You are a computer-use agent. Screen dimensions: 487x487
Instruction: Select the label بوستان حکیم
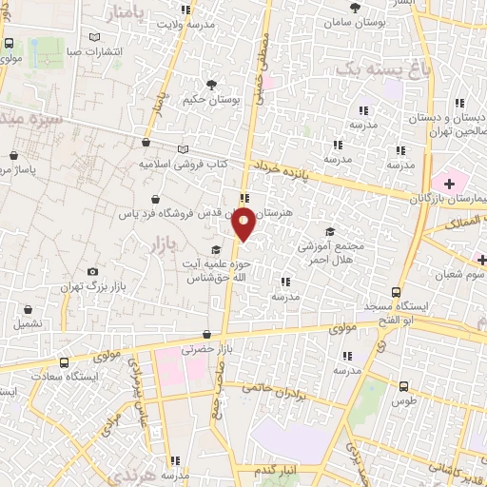[x=210, y=99]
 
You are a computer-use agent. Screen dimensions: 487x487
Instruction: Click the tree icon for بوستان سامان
[x=354, y=7]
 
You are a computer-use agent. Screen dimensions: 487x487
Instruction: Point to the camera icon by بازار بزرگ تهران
[x=92, y=272]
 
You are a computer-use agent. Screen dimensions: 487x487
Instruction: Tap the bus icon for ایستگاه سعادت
[x=64, y=362]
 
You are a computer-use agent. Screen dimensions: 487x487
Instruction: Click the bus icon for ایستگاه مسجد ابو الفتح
[x=396, y=293]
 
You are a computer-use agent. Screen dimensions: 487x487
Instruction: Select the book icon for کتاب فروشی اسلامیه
[x=183, y=148]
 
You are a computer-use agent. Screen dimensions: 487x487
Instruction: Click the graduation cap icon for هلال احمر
[x=329, y=232]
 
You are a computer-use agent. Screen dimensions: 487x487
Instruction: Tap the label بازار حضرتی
[x=187, y=349]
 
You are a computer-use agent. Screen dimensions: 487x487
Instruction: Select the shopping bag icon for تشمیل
[x=28, y=309]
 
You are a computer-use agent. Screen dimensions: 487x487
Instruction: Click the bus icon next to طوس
[x=403, y=386]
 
